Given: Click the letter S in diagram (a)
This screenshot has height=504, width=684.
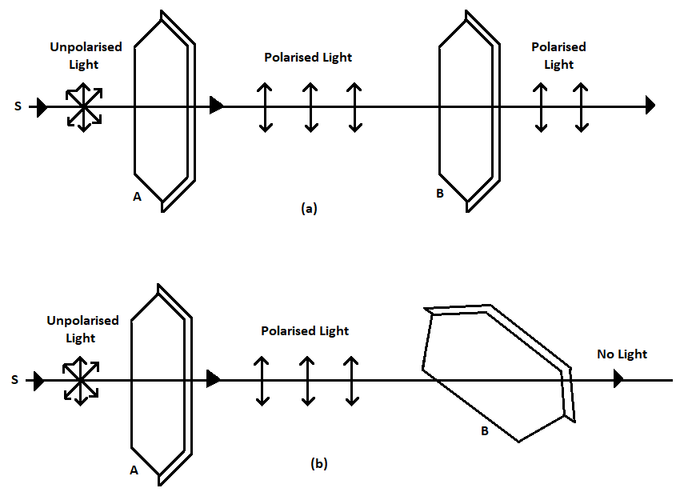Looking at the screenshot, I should click(18, 106).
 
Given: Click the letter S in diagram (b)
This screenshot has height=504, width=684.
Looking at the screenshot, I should click(15, 381).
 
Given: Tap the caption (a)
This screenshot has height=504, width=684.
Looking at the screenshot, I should click(309, 209).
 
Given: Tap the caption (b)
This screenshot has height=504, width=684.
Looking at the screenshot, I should click(318, 463).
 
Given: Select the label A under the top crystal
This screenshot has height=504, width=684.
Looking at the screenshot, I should click(137, 197).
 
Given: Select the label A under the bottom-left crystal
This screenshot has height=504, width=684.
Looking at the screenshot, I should click(134, 470).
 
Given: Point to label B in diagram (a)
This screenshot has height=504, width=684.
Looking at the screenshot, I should click(440, 192).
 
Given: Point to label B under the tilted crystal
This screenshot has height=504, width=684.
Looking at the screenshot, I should click(484, 431).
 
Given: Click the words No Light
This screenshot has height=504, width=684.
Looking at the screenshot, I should click(622, 354).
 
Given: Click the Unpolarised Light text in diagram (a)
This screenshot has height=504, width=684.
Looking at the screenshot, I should click(86, 54).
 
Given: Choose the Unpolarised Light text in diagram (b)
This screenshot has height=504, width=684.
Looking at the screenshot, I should click(82, 329).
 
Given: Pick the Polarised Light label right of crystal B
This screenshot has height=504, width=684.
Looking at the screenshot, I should click(558, 55).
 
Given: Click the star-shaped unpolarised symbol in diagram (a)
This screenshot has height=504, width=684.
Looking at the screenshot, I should click(83, 106).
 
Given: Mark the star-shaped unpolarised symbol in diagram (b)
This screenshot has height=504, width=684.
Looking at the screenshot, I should click(80, 380).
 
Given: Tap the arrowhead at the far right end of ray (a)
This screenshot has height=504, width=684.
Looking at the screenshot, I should click(650, 105).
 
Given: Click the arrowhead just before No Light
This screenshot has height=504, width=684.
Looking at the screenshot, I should click(618, 379).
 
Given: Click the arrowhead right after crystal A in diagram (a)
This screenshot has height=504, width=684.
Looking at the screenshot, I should click(216, 105).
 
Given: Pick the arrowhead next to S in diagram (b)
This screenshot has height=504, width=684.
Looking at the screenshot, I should click(38, 381).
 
